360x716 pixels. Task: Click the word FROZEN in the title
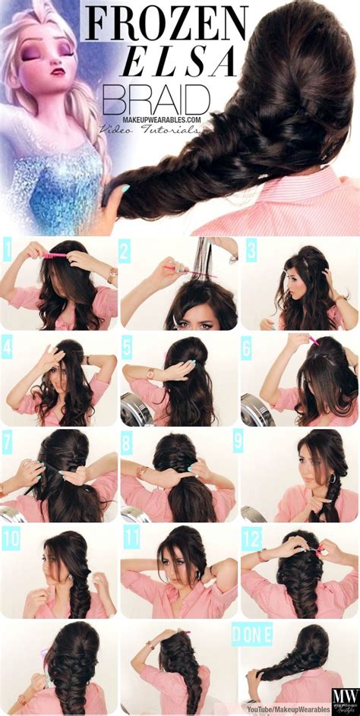point(166,24)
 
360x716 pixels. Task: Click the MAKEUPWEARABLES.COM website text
point(161,120)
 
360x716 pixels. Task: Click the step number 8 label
point(126,441)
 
